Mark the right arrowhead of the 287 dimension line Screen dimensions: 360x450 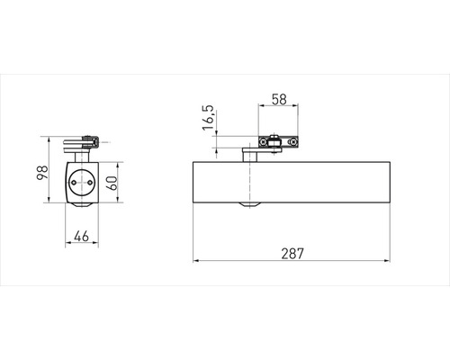point(389,263)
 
